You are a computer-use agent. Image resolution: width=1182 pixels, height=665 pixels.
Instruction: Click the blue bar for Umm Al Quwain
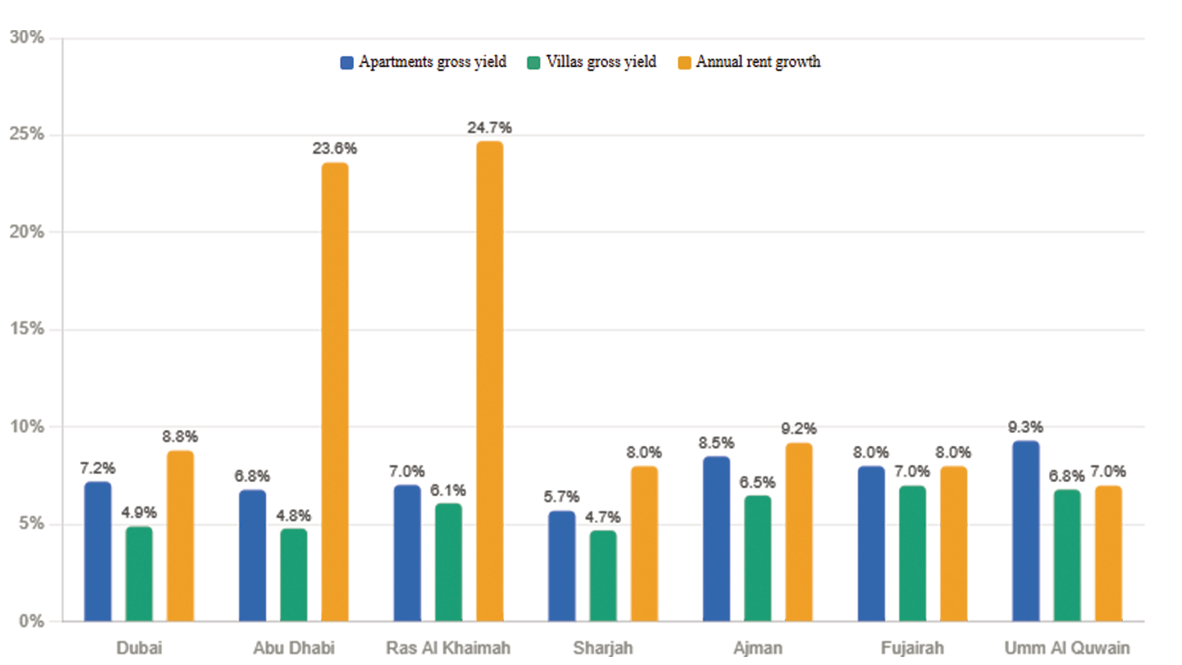[x=1026, y=531]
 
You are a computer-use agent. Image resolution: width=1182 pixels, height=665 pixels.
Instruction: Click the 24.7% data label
[x=489, y=127]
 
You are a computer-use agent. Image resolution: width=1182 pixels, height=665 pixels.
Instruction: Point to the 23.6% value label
[x=334, y=148]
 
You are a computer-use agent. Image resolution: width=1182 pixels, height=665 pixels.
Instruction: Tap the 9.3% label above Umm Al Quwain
[x=1026, y=427]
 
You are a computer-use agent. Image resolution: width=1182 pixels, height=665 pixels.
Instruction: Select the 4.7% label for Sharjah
[x=603, y=517]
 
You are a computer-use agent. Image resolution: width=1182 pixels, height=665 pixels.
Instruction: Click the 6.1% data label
[x=448, y=490]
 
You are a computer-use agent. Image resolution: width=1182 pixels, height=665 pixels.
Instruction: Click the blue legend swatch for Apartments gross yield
[x=347, y=63]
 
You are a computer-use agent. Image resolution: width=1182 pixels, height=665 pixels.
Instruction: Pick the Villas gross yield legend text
[x=601, y=62]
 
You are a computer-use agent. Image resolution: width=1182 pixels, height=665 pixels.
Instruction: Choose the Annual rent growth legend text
[x=758, y=62]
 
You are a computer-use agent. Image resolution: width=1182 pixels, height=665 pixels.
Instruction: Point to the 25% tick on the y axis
[x=27, y=134]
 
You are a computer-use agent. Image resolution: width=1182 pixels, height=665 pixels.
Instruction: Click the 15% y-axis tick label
[x=27, y=329]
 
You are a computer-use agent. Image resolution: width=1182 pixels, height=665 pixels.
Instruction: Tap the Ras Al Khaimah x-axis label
[x=448, y=648]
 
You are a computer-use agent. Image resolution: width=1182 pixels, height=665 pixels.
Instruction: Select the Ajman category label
[x=758, y=648]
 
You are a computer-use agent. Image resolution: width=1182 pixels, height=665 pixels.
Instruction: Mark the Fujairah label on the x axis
[x=912, y=648]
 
